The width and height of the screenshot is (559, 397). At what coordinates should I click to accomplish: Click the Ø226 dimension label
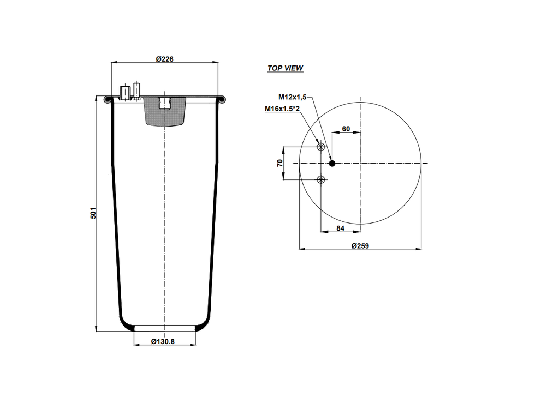click(x=164, y=59)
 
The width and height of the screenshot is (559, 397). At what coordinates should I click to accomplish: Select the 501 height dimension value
click(x=93, y=213)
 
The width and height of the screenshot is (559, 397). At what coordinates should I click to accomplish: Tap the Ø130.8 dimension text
click(x=164, y=342)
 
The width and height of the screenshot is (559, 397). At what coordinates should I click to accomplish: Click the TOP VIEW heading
click(x=285, y=69)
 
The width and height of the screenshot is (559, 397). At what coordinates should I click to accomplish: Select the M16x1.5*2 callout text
click(x=283, y=109)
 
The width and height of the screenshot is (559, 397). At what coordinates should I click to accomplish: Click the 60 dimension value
click(x=346, y=129)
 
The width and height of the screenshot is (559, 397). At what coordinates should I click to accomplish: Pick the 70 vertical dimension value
click(x=279, y=163)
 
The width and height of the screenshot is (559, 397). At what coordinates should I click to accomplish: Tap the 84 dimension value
click(x=340, y=228)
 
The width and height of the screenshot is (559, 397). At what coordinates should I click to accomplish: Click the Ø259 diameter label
click(x=360, y=246)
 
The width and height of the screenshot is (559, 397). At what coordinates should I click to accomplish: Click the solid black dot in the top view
click(x=332, y=163)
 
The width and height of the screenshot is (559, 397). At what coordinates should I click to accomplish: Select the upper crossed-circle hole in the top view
click(x=321, y=147)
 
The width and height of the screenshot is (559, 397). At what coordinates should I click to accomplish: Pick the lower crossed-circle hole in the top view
click(x=321, y=179)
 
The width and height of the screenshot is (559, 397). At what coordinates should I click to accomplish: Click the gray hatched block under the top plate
click(x=164, y=113)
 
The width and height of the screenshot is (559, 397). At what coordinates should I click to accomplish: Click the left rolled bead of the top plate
click(x=108, y=99)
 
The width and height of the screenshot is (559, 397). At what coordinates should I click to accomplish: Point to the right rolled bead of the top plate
click(x=221, y=99)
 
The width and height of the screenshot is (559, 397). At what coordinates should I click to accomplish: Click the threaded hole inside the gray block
click(x=164, y=103)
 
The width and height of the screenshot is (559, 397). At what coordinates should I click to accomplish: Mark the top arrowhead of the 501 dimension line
click(x=97, y=101)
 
